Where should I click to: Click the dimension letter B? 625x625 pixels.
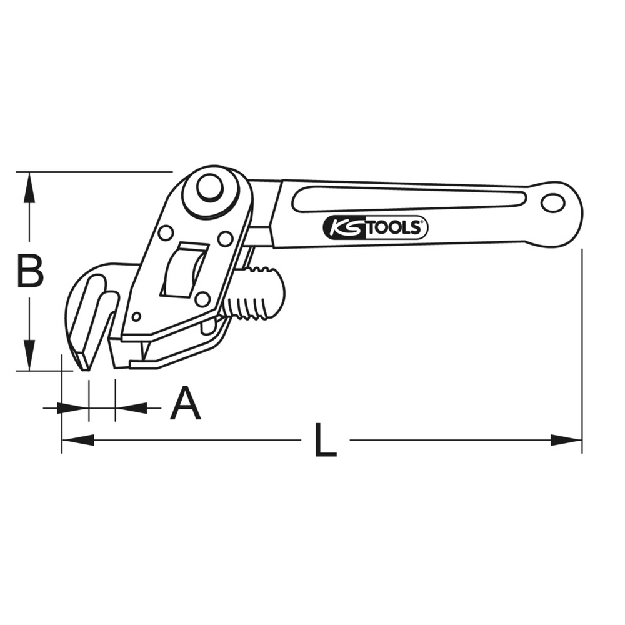30,272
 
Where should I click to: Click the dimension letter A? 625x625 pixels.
186,403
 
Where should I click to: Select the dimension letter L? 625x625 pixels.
325,439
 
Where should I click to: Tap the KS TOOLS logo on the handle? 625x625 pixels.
375,228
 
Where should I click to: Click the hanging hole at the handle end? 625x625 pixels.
553,203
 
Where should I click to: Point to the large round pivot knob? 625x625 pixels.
211,187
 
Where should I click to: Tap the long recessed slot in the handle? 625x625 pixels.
409,202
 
